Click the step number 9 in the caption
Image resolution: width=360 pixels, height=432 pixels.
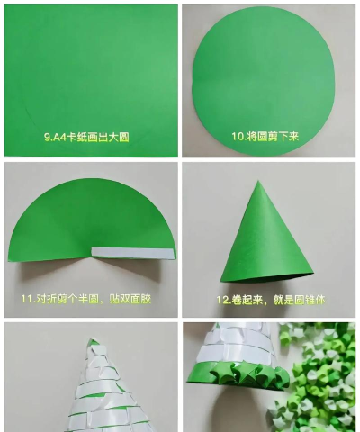pos(48,138)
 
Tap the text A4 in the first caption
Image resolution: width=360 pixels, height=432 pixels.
pos(60,138)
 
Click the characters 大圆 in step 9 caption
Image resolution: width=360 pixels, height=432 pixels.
pos(119,138)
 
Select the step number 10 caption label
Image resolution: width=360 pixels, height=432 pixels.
pos(238,137)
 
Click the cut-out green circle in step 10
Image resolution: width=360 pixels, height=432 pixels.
pos(264,80)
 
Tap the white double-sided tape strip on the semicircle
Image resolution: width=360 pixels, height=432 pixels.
pos(133,253)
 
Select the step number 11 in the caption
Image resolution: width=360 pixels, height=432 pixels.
pos(26,299)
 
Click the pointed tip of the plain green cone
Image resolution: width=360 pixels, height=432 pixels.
pos(257,181)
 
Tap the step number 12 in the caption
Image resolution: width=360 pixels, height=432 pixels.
pos(222,300)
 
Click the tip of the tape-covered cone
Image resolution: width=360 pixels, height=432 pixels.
pos(92,339)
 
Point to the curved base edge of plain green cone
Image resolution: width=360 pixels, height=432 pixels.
pos(267,278)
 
